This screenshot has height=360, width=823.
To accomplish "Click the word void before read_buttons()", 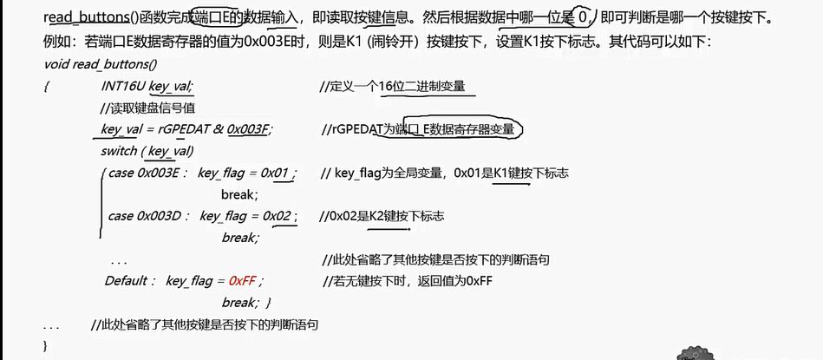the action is pyautogui.click(x=56, y=65).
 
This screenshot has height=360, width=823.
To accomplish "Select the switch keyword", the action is pyautogui.click(x=119, y=151).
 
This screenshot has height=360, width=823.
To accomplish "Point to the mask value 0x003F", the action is pyautogui.click(x=249, y=129).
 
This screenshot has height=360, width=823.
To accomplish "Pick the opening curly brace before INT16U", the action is pyautogui.click(x=47, y=87).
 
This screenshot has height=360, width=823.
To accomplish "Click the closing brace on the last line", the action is pyautogui.click(x=46, y=344).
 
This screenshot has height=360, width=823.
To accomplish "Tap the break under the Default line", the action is pyautogui.click(x=238, y=303).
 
